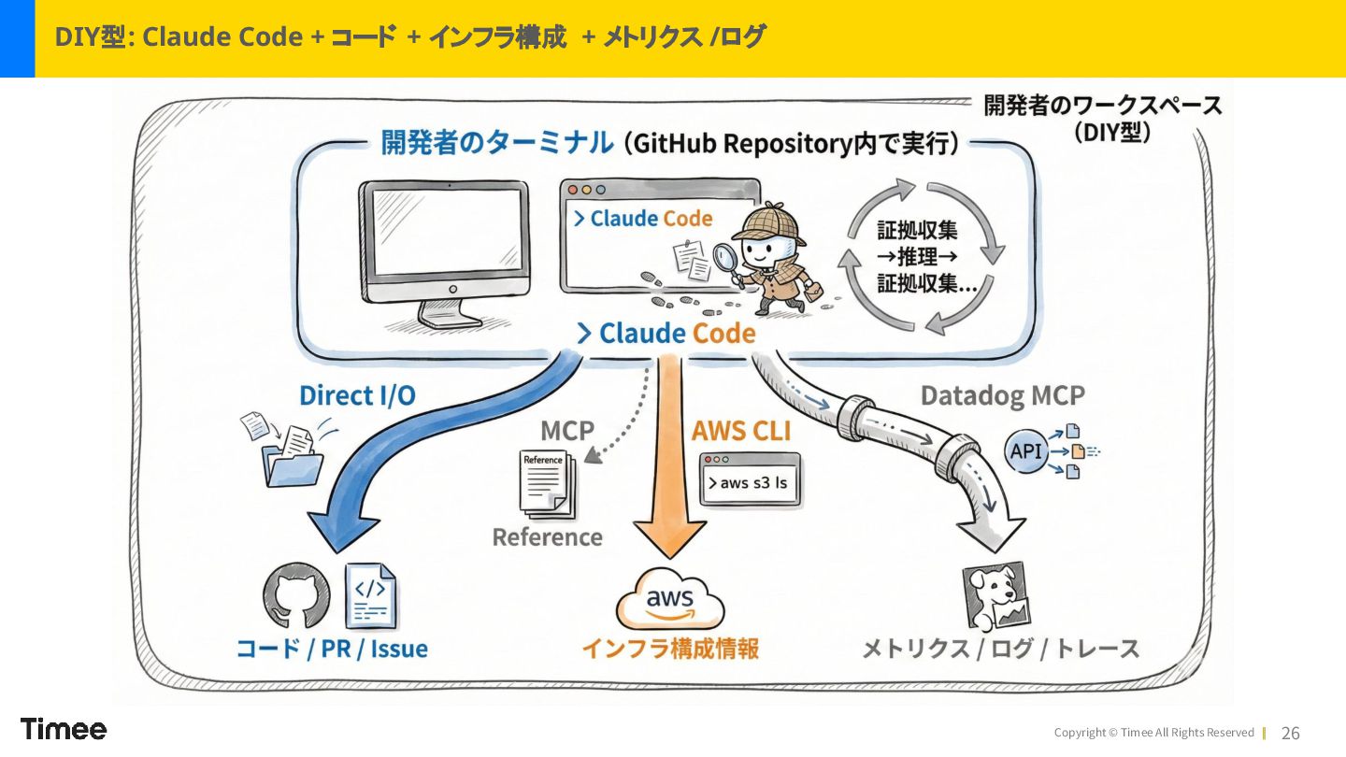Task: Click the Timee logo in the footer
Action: point(64,729)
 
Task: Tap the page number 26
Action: point(1290,734)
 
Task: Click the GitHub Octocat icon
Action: point(296,595)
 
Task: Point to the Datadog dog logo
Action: point(996,595)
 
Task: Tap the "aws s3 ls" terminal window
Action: point(751,479)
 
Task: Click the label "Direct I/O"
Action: point(357,395)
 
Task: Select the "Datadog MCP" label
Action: point(1002,395)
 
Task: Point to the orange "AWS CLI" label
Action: point(740,431)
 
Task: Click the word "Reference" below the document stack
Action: point(547,537)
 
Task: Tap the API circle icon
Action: point(1025,451)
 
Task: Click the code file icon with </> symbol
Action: point(371,595)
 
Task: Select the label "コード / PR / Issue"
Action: point(332,649)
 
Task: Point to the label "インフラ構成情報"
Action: point(670,649)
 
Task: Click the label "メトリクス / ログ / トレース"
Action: point(1000,649)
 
